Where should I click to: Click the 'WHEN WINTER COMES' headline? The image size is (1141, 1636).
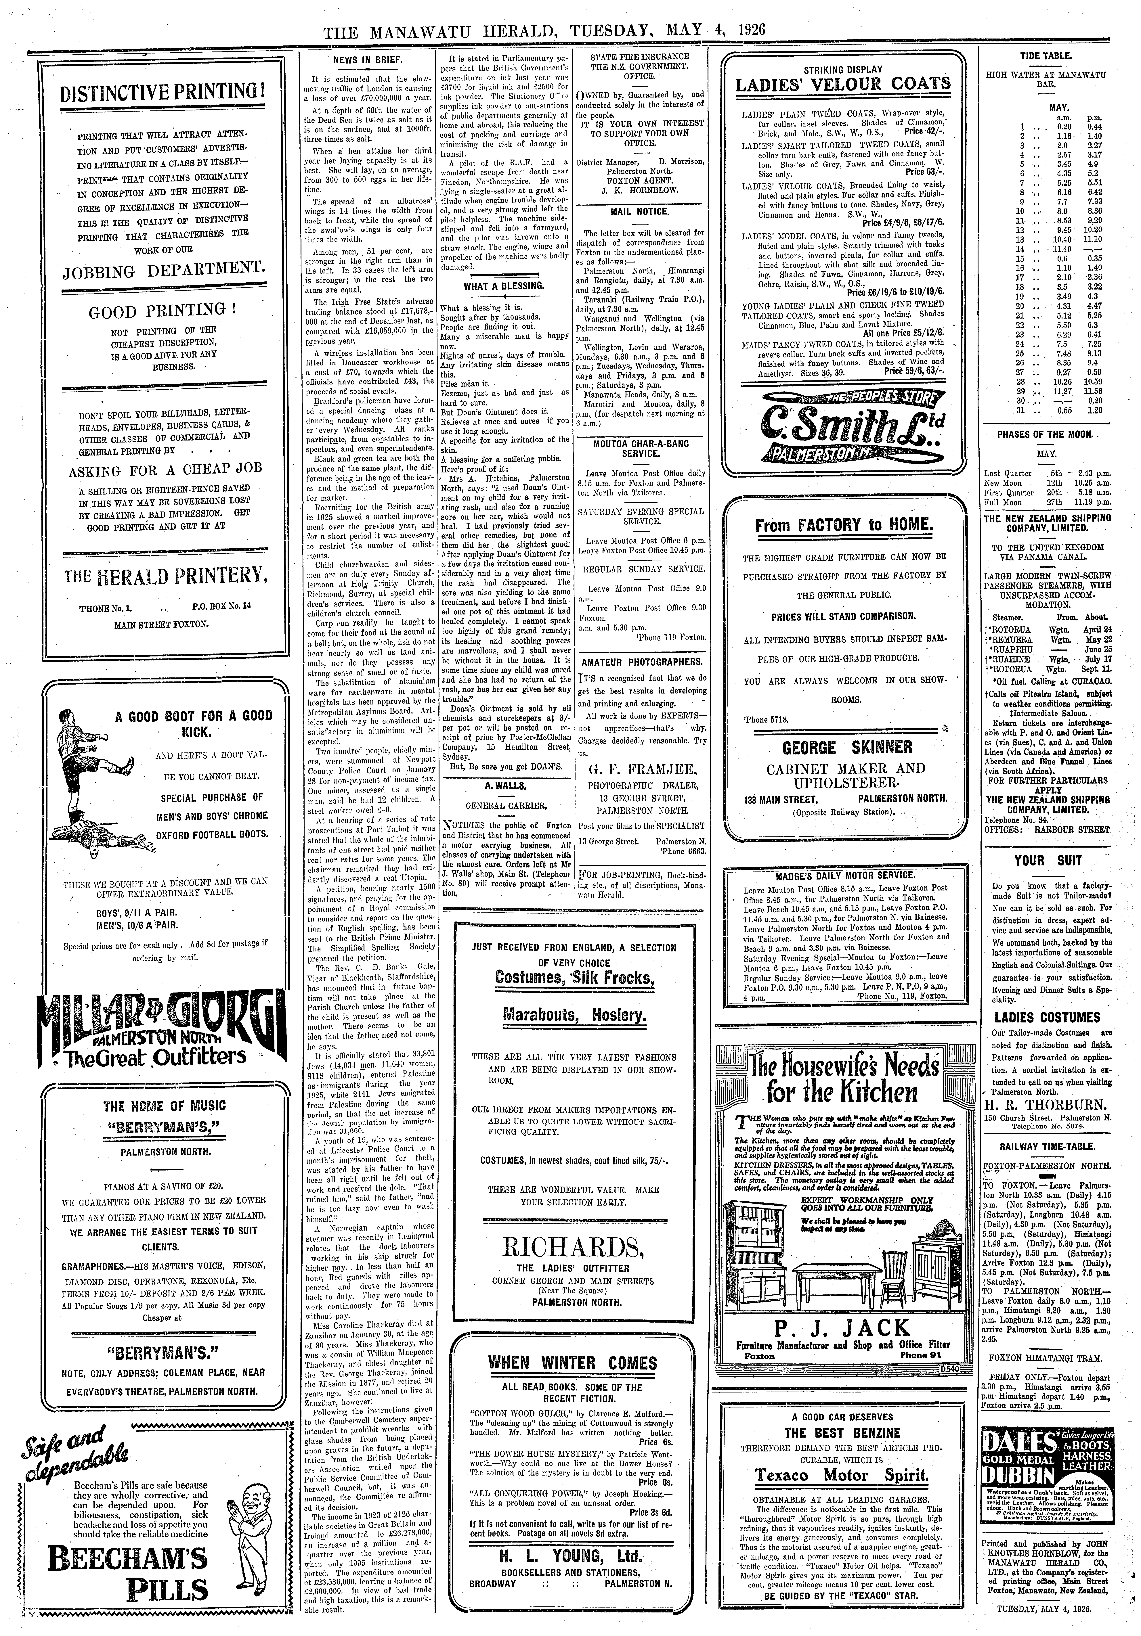[x=572, y=1363]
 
